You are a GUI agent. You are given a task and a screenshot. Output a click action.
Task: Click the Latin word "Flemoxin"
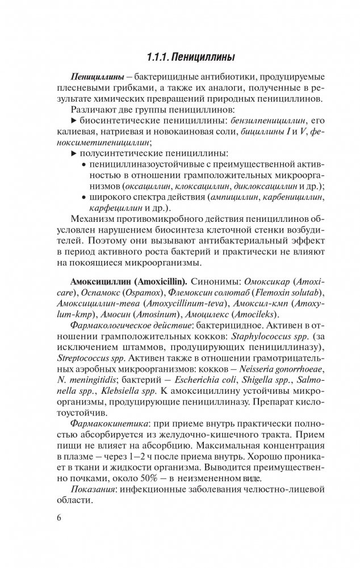(256, 293)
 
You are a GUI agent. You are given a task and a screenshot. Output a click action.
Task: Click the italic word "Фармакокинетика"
(106, 424)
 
